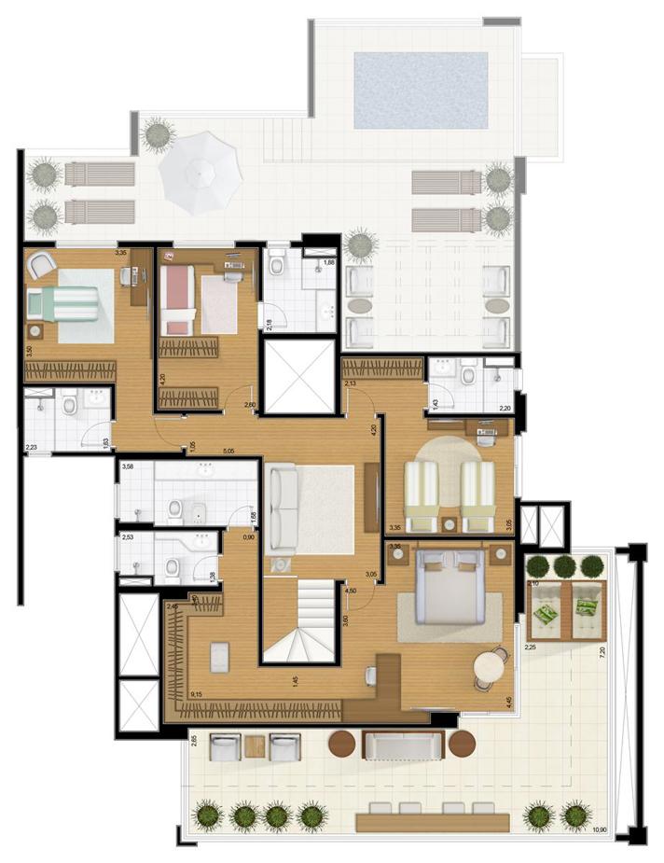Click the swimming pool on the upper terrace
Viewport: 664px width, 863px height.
point(421,90)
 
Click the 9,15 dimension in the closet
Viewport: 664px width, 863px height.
point(196,694)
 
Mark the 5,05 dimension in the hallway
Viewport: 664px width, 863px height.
point(228,452)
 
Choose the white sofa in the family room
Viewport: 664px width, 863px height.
point(282,510)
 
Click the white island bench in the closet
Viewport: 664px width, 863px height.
point(221,657)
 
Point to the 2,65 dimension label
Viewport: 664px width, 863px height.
point(193,743)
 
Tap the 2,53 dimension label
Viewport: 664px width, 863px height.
point(128,537)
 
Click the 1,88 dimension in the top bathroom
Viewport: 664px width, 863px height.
point(327,263)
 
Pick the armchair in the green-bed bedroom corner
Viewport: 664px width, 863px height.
point(42,265)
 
